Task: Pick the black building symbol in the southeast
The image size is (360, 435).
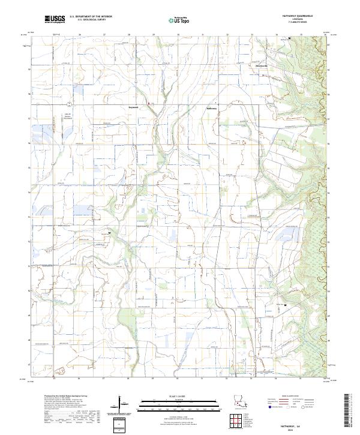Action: [x=286, y=305]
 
